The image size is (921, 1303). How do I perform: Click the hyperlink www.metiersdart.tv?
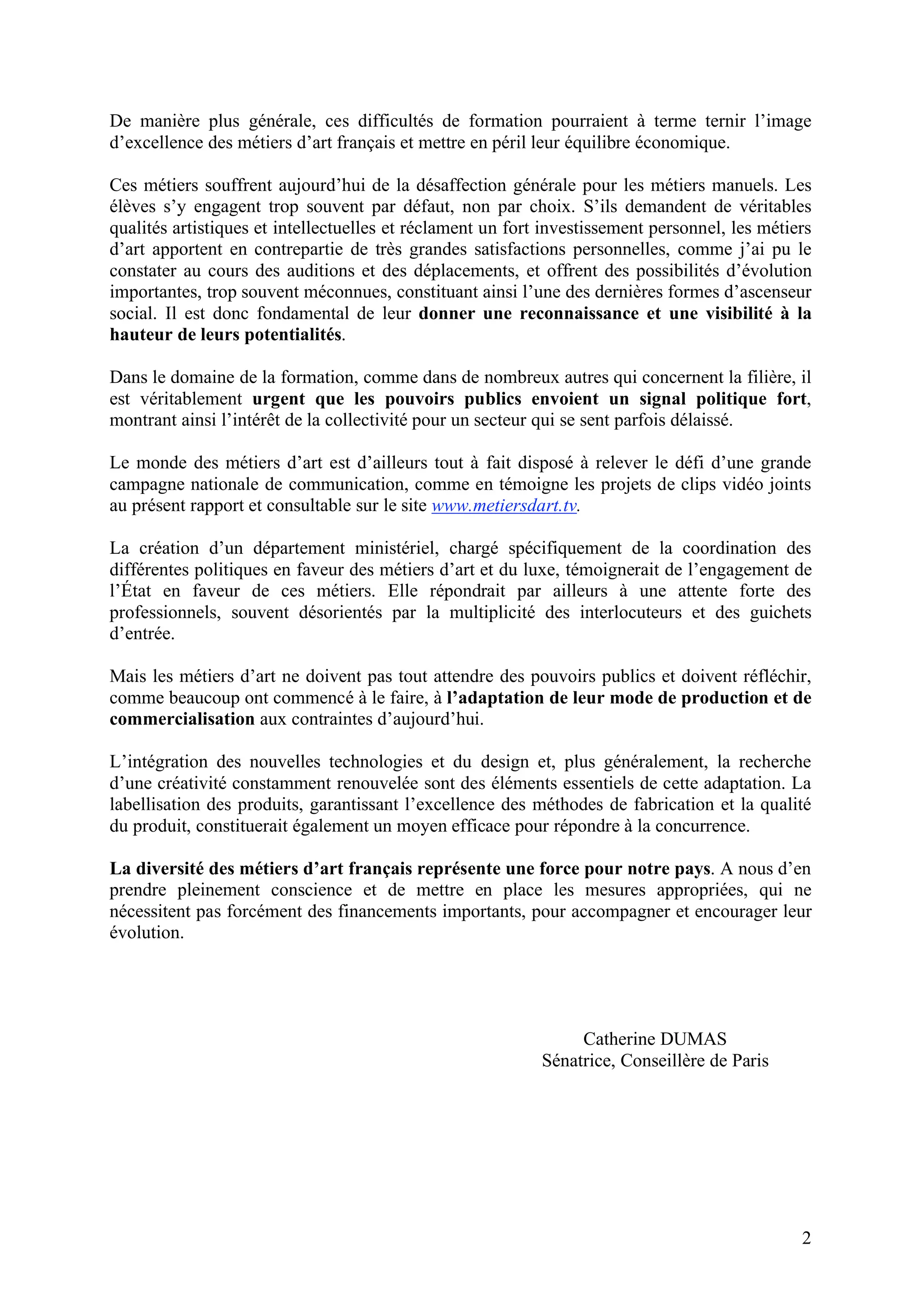[504, 506]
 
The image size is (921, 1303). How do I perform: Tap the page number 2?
[806, 1238]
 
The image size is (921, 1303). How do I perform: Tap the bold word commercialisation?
[182, 719]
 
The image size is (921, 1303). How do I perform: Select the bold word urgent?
[279, 399]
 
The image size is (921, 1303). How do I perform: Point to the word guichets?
[780, 612]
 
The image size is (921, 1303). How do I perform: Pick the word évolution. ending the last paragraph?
[147, 933]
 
